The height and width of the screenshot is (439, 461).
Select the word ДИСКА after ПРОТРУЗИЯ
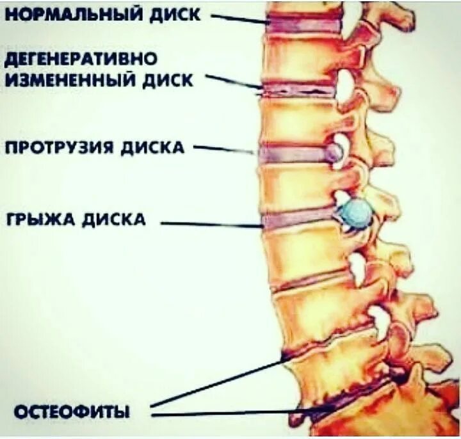click(x=154, y=148)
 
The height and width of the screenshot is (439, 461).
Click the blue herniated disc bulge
click(x=356, y=212)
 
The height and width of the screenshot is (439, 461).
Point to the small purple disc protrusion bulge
click(x=334, y=152)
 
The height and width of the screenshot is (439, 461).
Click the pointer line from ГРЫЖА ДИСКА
click(x=211, y=225)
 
